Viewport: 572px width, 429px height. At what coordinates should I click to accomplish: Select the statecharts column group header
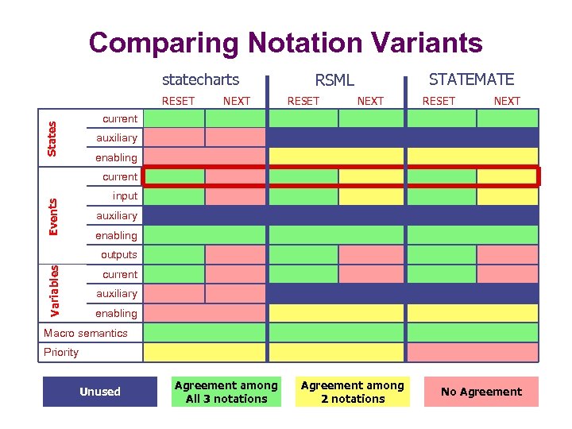pos(200,79)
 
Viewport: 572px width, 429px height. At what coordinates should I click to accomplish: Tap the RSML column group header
pos(334,79)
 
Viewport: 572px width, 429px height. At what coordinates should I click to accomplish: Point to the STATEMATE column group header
pos(471,79)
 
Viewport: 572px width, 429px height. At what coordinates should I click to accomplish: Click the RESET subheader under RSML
pos(303,101)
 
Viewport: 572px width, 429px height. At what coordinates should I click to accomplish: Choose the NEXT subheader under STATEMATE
pos(507,101)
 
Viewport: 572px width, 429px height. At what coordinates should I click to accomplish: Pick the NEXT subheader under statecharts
pos(236,101)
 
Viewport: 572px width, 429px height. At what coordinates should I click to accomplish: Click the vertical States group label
pos(52,138)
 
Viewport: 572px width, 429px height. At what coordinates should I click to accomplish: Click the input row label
pos(125,196)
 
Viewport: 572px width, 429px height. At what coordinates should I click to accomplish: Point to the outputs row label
pos(118,255)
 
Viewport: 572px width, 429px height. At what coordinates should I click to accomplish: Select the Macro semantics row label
pos(85,333)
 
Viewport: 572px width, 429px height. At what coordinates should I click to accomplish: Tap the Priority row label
pos(61,352)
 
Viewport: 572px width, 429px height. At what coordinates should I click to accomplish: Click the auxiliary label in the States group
pos(116,138)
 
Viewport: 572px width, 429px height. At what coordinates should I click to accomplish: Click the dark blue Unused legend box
pos(100,392)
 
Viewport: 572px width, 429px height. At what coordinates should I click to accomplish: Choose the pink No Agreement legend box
pos(481,392)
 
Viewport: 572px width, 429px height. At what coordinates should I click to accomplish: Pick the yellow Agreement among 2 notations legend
pos(353,392)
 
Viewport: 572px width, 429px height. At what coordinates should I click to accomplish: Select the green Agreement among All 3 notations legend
pos(226,392)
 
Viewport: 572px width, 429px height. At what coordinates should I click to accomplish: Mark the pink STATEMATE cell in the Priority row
pos(473,352)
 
